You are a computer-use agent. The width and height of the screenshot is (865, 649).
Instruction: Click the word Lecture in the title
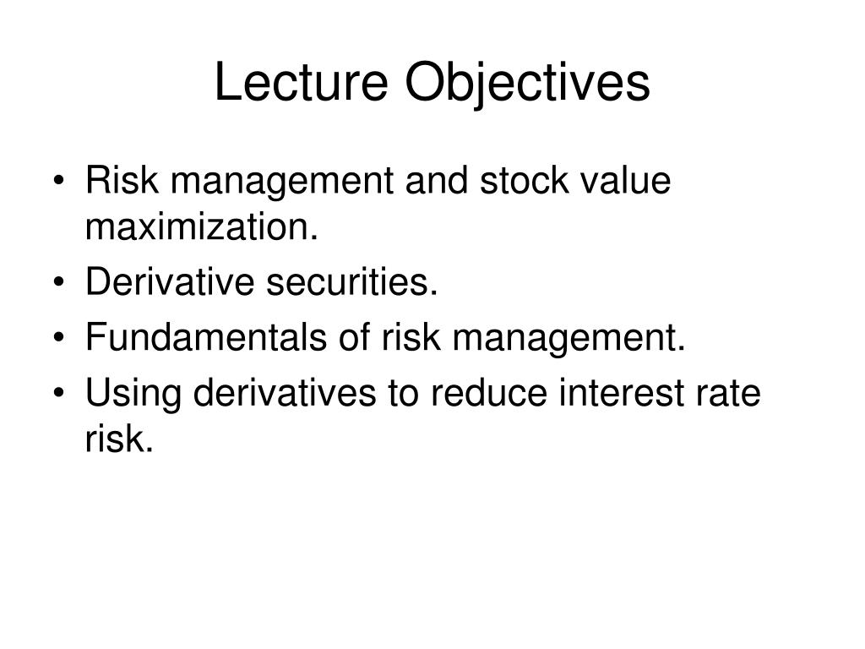(302, 84)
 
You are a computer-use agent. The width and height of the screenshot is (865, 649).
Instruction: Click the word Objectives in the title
(528, 84)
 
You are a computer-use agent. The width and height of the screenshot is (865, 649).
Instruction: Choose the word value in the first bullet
(625, 182)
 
